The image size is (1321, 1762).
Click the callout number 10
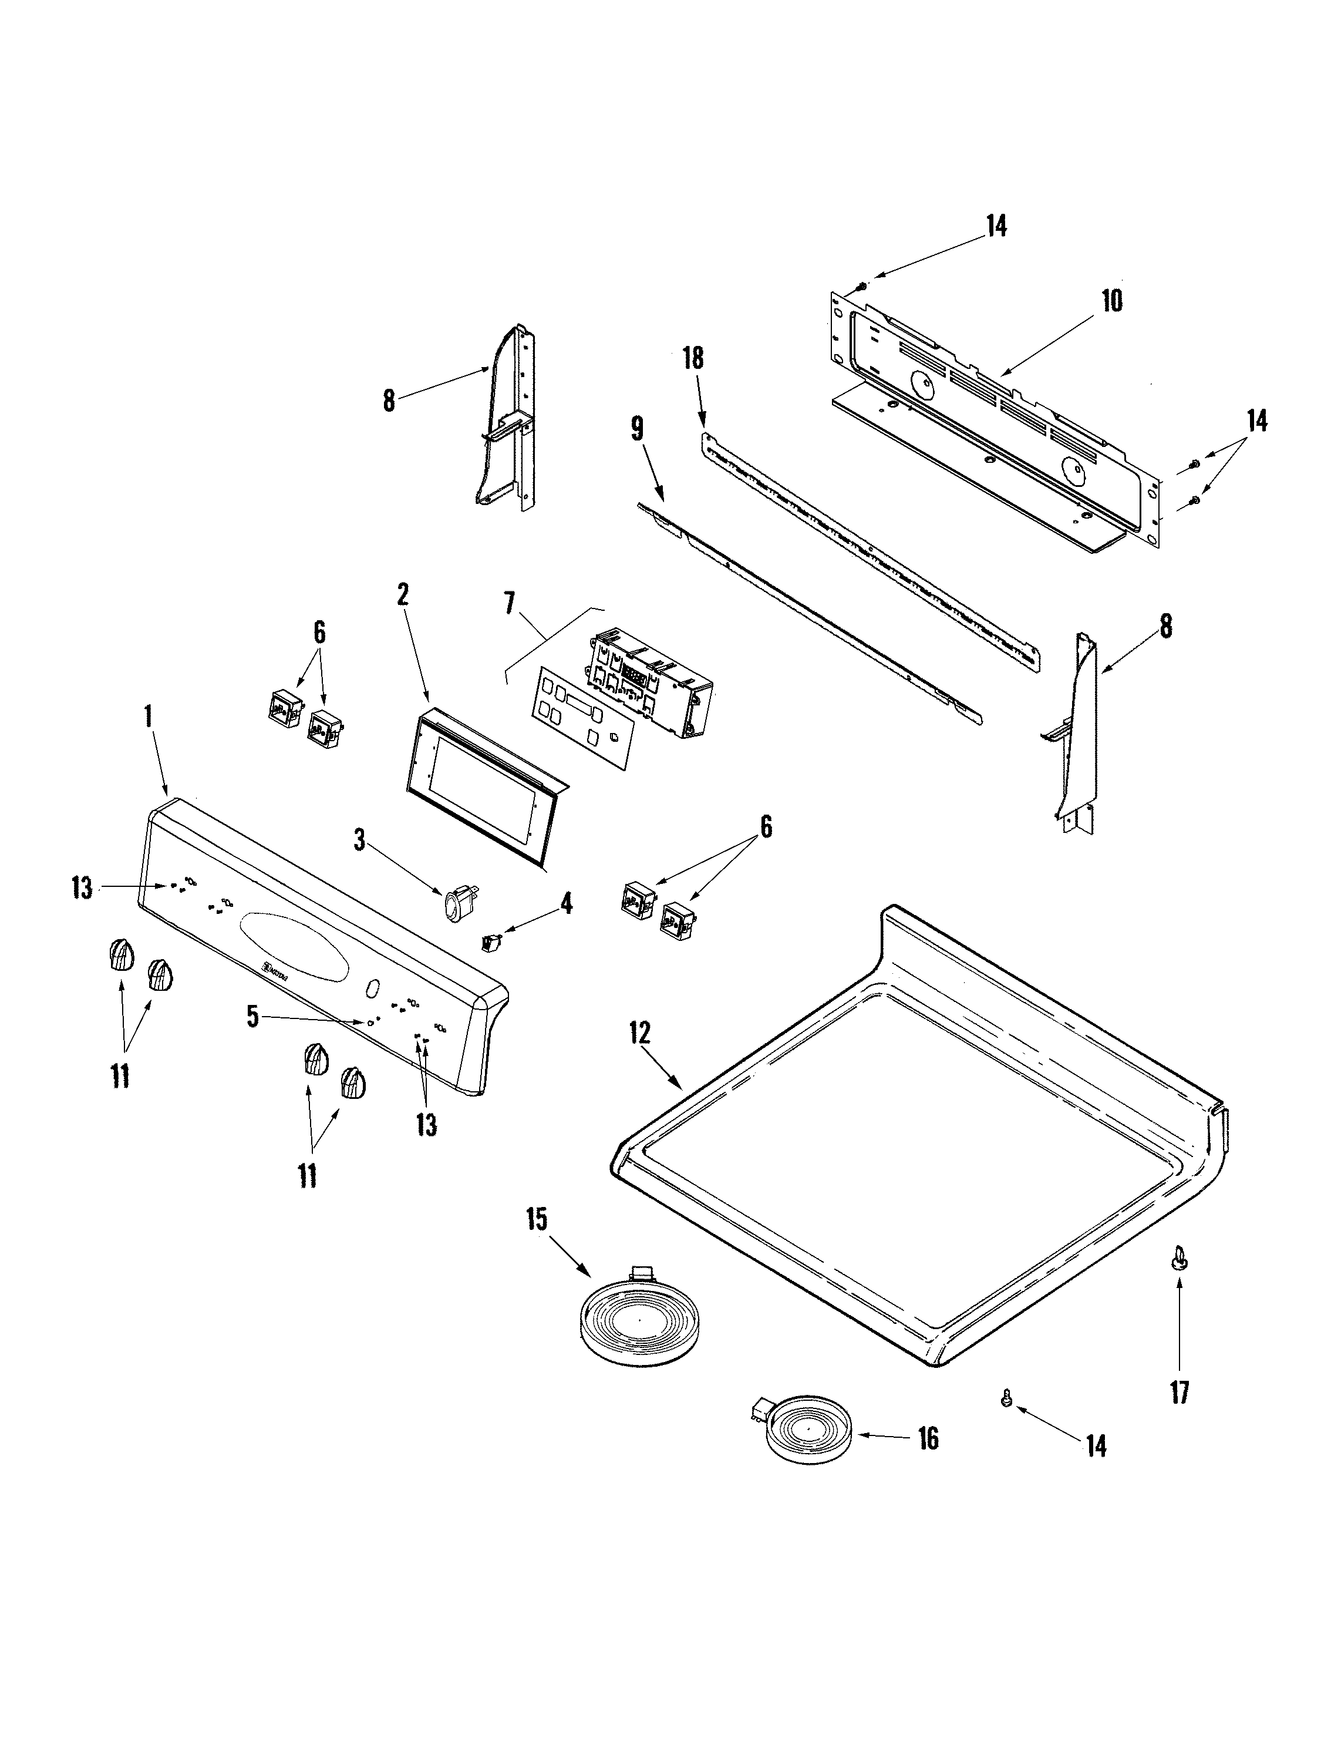pos(1113,301)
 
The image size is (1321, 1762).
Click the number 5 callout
pos(252,1017)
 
